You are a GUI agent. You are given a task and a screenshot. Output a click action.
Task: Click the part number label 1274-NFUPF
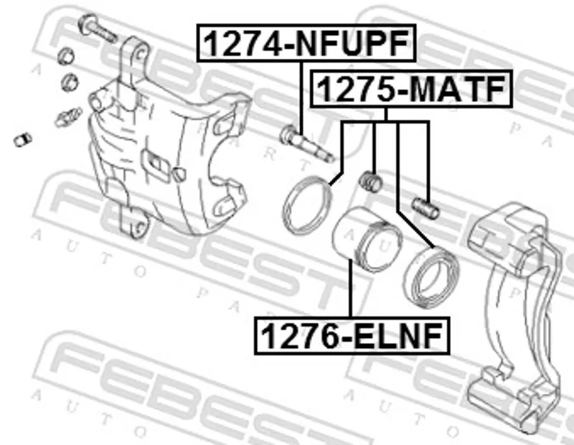pyautogui.click(x=306, y=43)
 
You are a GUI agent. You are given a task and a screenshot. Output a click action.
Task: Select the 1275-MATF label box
pyautogui.click(x=411, y=88)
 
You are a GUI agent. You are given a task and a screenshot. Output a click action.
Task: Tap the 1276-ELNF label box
pyautogui.click(x=352, y=336)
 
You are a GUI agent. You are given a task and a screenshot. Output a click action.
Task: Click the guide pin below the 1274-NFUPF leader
pyautogui.click(x=307, y=144)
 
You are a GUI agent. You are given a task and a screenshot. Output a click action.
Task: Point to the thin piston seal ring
pyautogui.click(x=308, y=205)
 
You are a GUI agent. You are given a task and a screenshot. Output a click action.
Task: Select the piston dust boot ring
pyautogui.click(x=431, y=278)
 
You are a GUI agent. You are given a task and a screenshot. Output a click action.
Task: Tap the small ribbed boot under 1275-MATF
pyautogui.click(x=370, y=182)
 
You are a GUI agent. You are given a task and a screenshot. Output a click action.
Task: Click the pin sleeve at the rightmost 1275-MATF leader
pyautogui.click(x=425, y=207)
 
